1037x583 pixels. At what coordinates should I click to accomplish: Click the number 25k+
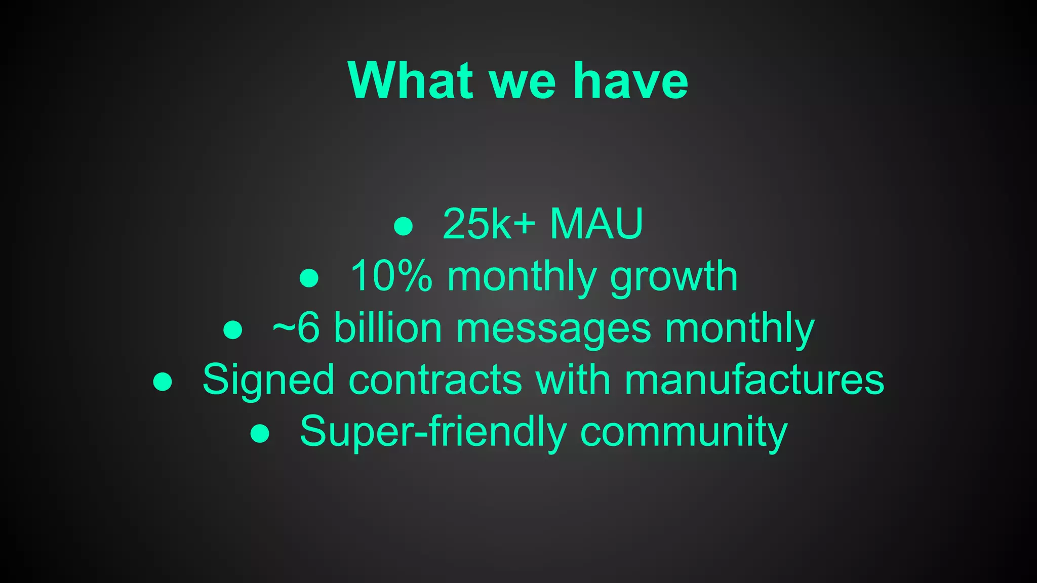tap(489, 224)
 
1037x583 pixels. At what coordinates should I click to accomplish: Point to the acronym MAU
tap(596, 224)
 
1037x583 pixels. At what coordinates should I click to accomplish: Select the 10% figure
tap(391, 276)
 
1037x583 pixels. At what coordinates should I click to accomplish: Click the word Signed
tap(268, 381)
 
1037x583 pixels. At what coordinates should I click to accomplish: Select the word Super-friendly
tap(433, 432)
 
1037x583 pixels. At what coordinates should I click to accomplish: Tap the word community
tap(684, 433)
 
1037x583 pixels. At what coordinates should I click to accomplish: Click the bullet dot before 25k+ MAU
tap(404, 226)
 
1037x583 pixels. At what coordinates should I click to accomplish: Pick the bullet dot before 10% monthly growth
tap(309, 278)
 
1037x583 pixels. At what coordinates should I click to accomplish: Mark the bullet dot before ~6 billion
tap(232, 329)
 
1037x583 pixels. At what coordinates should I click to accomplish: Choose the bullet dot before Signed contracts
tap(163, 381)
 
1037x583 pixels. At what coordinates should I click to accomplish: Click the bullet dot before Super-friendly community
tap(260, 433)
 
